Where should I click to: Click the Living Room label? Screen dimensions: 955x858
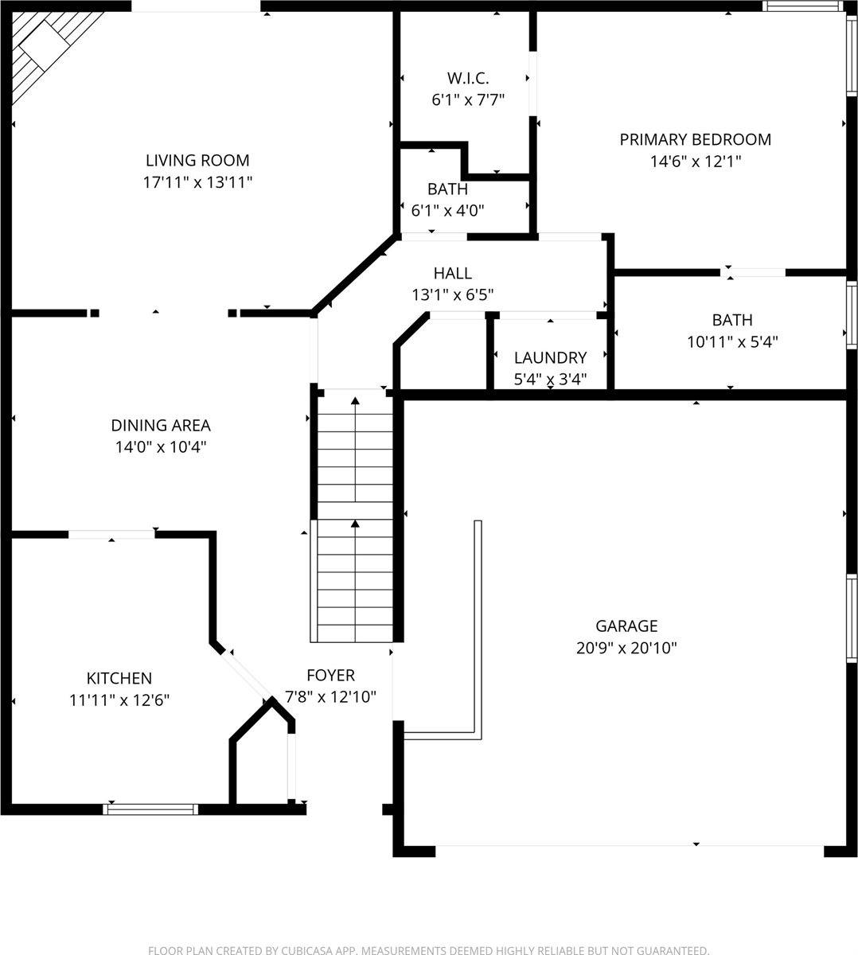click(197, 160)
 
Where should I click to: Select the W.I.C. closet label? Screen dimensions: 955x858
click(467, 78)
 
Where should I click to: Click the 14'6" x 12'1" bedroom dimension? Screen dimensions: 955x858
click(695, 161)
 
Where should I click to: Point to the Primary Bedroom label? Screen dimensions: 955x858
click(695, 139)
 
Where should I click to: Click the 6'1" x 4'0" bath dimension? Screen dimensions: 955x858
click(447, 210)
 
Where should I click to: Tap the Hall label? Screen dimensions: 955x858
click(452, 273)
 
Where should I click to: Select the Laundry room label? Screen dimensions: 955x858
click(550, 357)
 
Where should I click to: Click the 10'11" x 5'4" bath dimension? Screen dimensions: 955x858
click(731, 341)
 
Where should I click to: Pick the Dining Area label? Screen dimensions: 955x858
click(161, 426)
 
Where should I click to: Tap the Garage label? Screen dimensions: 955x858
click(626, 626)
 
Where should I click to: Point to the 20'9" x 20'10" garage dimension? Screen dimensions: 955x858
click(626, 648)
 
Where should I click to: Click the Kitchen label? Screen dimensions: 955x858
click(119, 678)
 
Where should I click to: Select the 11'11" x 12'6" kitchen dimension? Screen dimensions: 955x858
click(119, 700)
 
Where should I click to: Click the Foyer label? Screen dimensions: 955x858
click(330, 675)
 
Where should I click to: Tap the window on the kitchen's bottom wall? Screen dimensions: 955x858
click(150, 809)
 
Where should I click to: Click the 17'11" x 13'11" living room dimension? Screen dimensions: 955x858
click(197, 182)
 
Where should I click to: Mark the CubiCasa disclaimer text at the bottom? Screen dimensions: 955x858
click(428, 949)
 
